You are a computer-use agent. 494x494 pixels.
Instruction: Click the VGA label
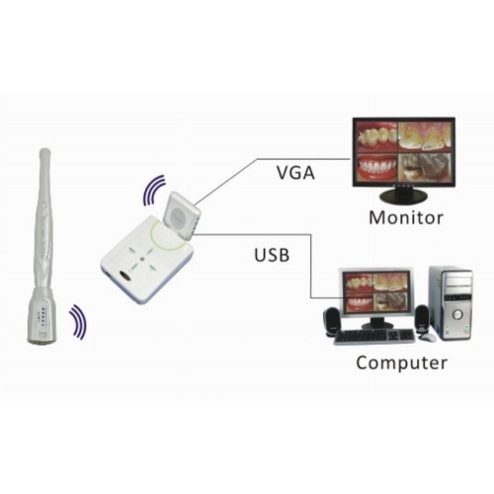click(x=295, y=173)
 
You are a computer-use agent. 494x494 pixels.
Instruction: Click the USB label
click(x=272, y=255)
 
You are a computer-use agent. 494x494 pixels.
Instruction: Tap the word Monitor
click(x=406, y=217)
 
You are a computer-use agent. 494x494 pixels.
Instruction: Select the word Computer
click(x=401, y=363)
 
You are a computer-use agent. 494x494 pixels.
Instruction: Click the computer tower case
click(x=451, y=303)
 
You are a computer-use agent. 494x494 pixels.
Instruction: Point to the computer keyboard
click(x=374, y=337)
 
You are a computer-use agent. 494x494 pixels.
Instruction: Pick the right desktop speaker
click(x=422, y=319)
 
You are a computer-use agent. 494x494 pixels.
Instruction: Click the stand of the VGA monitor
click(x=403, y=195)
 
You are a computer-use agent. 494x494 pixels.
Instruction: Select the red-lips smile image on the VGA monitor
click(x=376, y=167)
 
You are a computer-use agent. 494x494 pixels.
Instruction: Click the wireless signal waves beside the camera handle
click(x=78, y=321)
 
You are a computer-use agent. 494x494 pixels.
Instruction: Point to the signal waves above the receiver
click(x=153, y=190)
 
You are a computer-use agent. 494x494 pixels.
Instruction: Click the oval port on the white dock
click(x=124, y=275)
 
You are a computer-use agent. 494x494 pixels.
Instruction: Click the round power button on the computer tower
click(x=457, y=315)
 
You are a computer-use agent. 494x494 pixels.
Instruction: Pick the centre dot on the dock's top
click(x=141, y=260)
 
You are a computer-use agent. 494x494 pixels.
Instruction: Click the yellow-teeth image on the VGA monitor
click(x=426, y=136)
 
